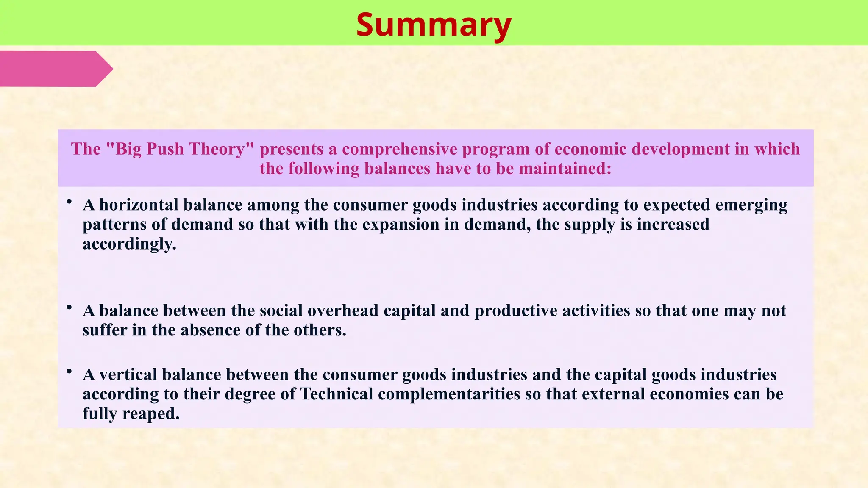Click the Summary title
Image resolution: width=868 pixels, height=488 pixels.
pyautogui.click(x=434, y=25)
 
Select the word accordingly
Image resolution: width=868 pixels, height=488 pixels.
pyautogui.click(x=129, y=244)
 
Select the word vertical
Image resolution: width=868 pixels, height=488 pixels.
pyautogui.click(x=128, y=375)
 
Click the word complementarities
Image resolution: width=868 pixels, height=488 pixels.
pyautogui.click(x=449, y=394)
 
